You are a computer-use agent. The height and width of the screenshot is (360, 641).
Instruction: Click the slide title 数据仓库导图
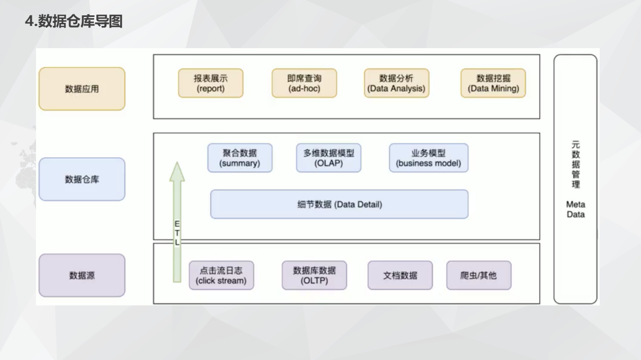pyautogui.click(x=74, y=22)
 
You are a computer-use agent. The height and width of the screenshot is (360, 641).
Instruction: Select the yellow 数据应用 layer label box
pyautogui.click(x=82, y=89)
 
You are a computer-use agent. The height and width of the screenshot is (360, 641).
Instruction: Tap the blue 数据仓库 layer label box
pyautogui.click(x=82, y=179)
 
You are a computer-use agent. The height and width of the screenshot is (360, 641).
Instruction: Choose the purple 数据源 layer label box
pyautogui.click(x=82, y=275)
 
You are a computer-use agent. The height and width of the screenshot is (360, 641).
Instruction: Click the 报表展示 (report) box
pyautogui.click(x=210, y=83)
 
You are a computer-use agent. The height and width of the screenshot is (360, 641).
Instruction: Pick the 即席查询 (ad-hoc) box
pyautogui.click(x=304, y=83)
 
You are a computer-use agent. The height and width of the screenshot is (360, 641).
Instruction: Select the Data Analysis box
pyautogui.click(x=396, y=83)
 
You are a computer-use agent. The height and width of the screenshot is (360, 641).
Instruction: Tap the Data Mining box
pyautogui.click(x=493, y=83)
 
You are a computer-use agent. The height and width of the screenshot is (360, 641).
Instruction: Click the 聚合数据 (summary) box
pyautogui.click(x=239, y=158)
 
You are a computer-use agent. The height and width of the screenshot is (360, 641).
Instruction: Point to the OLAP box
pyautogui.click(x=328, y=158)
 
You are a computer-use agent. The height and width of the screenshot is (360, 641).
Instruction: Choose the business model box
pyautogui.click(x=428, y=158)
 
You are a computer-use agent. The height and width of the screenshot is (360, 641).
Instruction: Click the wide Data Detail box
pyautogui.click(x=339, y=204)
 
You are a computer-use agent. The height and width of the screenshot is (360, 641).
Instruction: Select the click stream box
pyautogui.click(x=221, y=275)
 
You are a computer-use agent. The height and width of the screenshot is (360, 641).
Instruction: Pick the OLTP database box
pyautogui.click(x=314, y=275)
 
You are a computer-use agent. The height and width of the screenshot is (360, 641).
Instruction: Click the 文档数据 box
pyautogui.click(x=400, y=275)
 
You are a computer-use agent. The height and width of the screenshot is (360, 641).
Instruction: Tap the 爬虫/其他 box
pyautogui.click(x=478, y=275)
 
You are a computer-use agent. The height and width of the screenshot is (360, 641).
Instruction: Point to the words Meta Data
pyautogui.click(x=575, y=209)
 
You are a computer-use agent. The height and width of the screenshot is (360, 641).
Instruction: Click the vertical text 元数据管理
pyautogui.click(x=575, y=164)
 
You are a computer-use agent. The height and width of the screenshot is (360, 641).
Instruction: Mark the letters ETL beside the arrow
pyautogui.click(x=177, y=233)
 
